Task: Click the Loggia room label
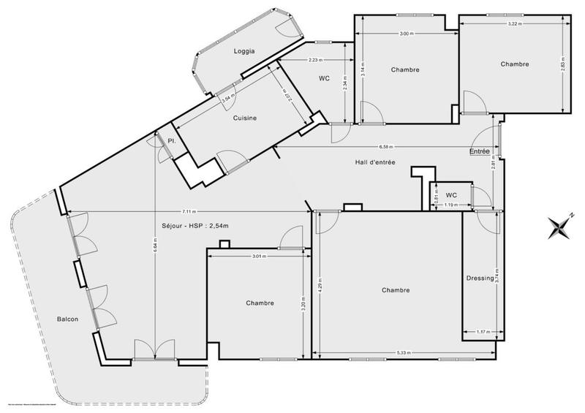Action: pos(244,50)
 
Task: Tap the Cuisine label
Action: pos(244,118)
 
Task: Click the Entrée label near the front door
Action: pos(480,151)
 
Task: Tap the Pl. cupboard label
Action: pos(172,140)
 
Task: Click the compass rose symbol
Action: pos(560,227)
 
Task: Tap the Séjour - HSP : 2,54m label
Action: pos(195,226)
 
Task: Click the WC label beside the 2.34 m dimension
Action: pos(325,78)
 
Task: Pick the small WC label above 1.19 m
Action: pos(451,195)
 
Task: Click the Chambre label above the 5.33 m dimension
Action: pos(396,290)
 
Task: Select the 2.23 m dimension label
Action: pos(317,60)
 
